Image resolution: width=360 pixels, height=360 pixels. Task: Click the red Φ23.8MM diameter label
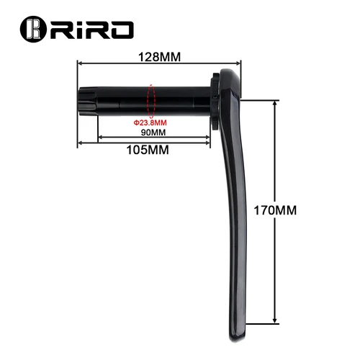(150, 122)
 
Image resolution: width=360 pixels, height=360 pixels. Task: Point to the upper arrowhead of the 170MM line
(274, 102)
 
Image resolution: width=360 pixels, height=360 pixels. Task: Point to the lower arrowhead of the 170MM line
(274, 320)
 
